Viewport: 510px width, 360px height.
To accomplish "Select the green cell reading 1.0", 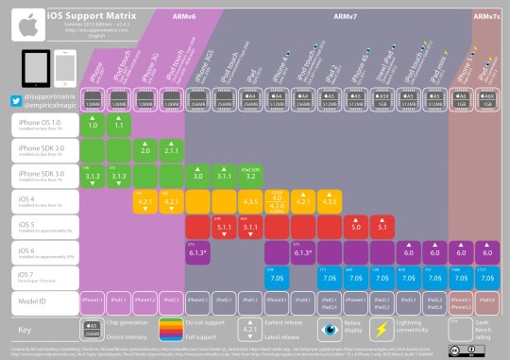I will coord(93,124).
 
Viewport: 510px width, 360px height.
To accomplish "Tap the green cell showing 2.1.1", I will coord(172,149).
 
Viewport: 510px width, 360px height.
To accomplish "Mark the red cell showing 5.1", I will coord(383,226).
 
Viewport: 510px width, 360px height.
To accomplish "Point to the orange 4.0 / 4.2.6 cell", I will coord(278,200).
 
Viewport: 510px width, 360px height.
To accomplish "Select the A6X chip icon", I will coord(488,97).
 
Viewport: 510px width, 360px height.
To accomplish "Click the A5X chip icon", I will coord(383,97).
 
